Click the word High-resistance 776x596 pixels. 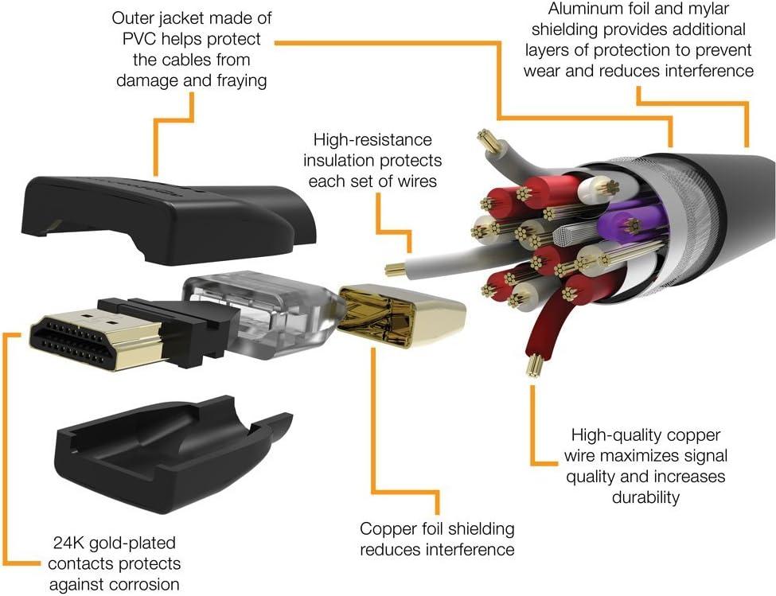(x=372, y=140)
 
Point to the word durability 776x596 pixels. (x=645, y=497)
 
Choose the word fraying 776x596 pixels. (x=242, y=80)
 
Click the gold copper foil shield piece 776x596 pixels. (x=401, y=315)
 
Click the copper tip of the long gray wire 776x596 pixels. (x=395, y=269)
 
